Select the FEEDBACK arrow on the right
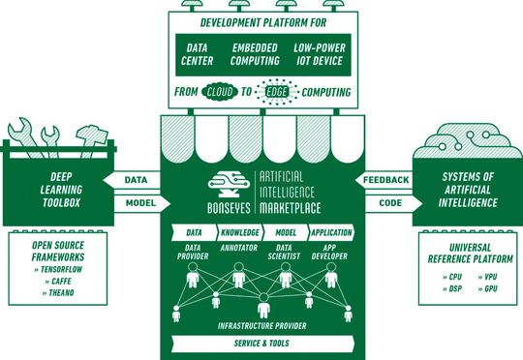[385, 180]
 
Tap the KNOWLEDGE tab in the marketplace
[239, 233]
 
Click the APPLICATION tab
[332, 233]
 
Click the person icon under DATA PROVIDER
[193, 279]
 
